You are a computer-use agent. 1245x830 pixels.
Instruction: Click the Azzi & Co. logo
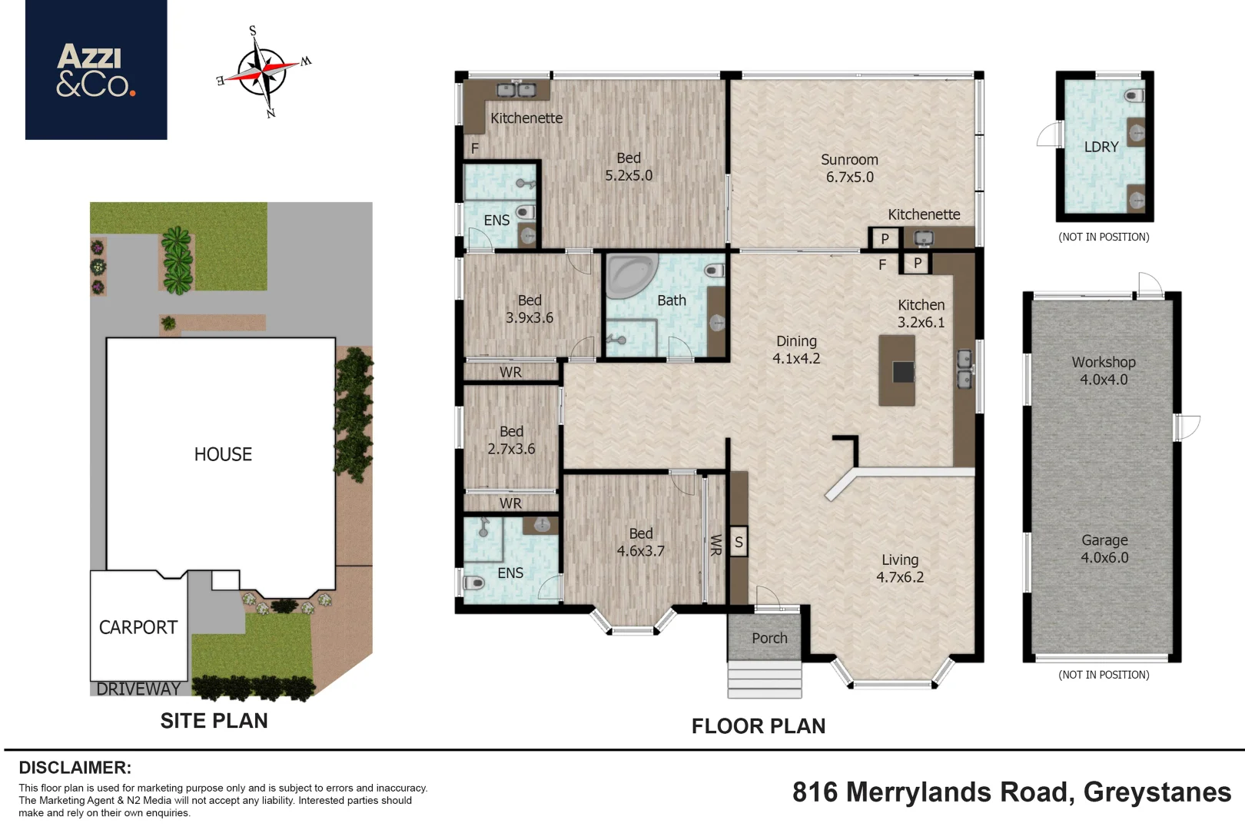[x=96, y=69]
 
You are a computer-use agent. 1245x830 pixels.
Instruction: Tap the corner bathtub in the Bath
[x=632, y=276]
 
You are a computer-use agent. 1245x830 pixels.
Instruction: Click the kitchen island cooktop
[x=903, y=372]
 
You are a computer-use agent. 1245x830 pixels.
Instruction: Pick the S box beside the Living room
[x=738, y=542]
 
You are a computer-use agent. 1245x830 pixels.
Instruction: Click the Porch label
[x=769, y=638]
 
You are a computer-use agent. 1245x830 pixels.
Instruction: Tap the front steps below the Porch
[x=765, y=679]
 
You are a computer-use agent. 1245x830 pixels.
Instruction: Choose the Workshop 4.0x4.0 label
[x=1104, y=370]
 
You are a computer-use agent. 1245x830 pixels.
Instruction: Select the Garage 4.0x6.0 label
[x=1104, y=549]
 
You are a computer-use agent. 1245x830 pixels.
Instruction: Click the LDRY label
[x=1101, y=147]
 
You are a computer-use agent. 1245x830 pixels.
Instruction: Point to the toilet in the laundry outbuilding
[x=1134, y=95]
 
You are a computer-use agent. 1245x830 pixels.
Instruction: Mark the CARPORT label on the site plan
[x=138, y=627]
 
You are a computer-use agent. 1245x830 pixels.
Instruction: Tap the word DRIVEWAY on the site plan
[x=138, y=689]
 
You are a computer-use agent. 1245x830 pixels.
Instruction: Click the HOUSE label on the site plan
[x=223, y=454]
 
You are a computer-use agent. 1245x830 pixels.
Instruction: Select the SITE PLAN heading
[x=214, y=720]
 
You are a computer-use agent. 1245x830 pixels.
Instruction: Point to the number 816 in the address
[x=815, y=792]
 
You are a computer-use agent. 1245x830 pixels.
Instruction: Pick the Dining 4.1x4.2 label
[x=796, y=350]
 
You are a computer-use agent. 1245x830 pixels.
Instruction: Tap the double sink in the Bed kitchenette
[x=516, y=89]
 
